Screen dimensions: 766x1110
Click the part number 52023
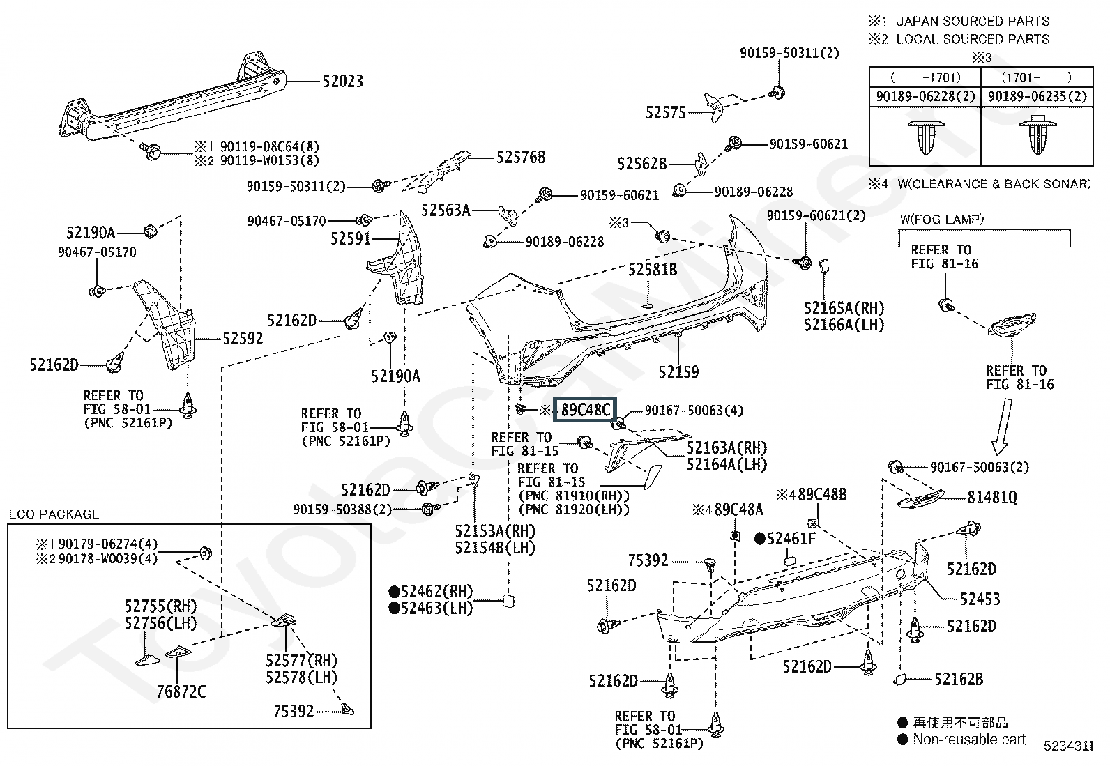[x=342, y=82]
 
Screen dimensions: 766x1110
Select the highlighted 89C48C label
[x=586, y=410]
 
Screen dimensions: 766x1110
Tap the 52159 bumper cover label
[x=678, y=372]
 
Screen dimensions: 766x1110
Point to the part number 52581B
[x=652, y=270]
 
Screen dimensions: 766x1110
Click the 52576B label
[x=520, y=158]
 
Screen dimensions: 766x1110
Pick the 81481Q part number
[x=992, y=498]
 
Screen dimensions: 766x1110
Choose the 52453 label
[x=980, y=599]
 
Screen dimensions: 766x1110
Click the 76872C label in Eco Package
[x=181, y=692]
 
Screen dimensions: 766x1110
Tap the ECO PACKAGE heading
[x=54, y=514]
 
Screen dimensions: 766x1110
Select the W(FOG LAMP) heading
[x=941, y=219]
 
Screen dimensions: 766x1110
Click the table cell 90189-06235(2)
[x=1037, y=97]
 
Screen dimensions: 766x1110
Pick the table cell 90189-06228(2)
[x=925, y=97]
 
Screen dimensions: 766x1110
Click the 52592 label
[x=243, y=339]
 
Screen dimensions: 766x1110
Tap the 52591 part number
[x=350, y=239]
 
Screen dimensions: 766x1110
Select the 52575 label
[x=666, y=112]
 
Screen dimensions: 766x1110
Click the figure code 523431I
[x=1067, y=746]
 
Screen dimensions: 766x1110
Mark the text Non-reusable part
[x=969, y=740]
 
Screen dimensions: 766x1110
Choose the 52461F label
[x=791, y=539]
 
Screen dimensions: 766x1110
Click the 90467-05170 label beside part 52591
[x=287, y=221]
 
